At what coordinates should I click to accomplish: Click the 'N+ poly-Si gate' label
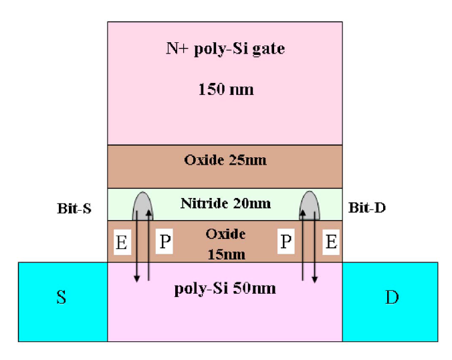[225, 49]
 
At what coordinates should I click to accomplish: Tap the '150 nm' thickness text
[226, 89]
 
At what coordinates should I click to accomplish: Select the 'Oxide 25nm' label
[225, 161]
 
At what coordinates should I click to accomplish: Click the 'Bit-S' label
[74, 209]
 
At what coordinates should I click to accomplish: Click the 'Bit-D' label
[367, 208]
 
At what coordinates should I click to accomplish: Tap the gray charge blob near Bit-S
[143, 204]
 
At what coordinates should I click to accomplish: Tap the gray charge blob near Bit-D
[309, 204]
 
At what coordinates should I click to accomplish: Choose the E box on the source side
[122, 243]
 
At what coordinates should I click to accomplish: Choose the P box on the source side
[164, 242]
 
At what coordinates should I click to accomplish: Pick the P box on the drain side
[286, 242]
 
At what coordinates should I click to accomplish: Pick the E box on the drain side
[330, 242]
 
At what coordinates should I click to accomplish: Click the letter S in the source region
[61, 297]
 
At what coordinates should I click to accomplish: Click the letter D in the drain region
[392, 297]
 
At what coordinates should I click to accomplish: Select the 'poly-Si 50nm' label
[225, 289]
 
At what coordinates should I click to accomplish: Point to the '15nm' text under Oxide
[225, 254]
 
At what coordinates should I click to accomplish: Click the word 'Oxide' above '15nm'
[225, 234]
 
